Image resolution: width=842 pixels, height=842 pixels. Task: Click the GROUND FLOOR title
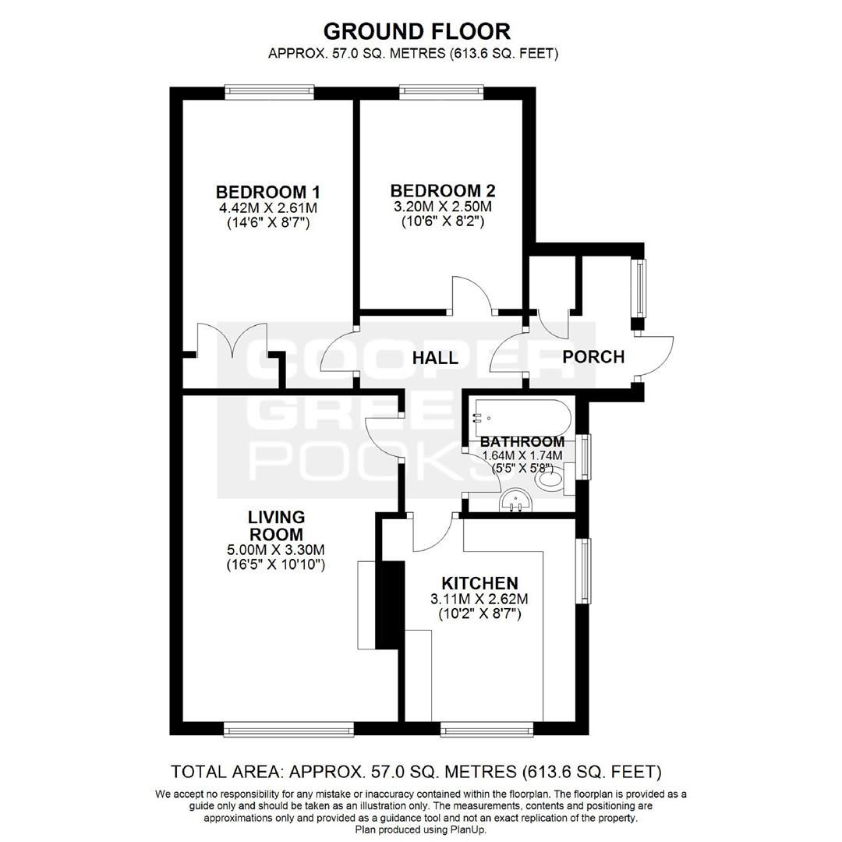point(416,31)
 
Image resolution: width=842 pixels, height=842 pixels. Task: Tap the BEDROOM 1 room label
point(268,192)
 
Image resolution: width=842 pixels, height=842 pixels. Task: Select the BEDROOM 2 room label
point(443,191)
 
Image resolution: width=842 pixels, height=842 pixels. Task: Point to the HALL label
point(435,358)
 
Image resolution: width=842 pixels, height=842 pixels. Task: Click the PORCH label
point(593,356)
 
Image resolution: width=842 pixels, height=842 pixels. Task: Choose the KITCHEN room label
point(479,583)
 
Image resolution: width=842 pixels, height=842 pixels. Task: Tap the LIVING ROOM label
point(276,525)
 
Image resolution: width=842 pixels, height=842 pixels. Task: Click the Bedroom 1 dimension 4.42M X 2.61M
point(268,207)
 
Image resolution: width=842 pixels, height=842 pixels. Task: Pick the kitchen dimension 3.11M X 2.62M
point(479,599)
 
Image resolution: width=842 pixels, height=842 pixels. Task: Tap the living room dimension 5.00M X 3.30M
point(276,550)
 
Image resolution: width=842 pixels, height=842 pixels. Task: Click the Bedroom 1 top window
point(269,92)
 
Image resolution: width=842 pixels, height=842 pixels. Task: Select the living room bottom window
point(289,729)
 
